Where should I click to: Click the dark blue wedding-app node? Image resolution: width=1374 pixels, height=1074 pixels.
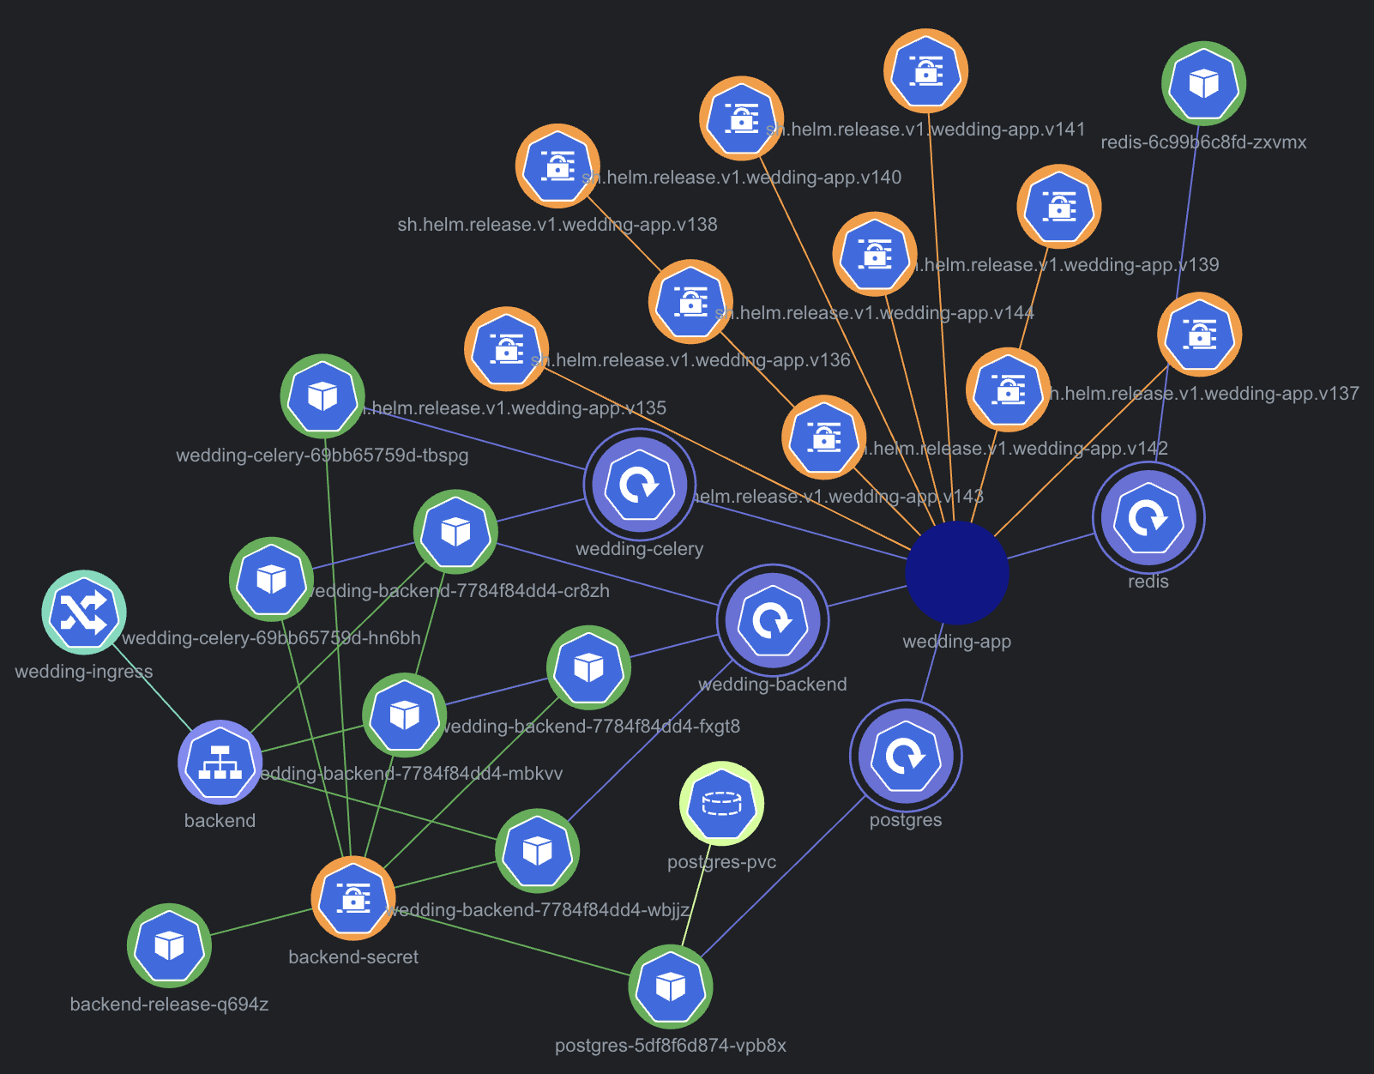click(957, 572)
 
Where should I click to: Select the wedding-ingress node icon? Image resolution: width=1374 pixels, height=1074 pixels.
click(84, 612)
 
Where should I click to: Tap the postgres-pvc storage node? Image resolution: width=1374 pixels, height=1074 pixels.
click(722, 803)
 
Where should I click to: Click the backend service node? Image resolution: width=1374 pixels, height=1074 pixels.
click(220, 762)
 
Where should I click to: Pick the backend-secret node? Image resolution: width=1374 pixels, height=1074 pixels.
click(353, 898)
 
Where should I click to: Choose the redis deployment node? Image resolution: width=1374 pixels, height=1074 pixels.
click(1148, 518)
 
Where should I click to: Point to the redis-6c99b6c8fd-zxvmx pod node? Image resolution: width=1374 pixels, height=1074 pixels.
click(1204, 83)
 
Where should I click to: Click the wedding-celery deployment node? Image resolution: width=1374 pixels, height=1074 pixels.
click(640, 485)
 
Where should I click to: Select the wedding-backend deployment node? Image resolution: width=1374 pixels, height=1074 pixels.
click(773, 620)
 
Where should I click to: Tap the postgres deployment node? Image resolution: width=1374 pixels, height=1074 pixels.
click(906, 756)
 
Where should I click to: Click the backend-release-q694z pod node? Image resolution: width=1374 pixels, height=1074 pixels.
click(169, 945)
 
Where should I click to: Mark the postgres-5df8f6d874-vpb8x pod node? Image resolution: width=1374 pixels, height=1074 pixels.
click(671, 987)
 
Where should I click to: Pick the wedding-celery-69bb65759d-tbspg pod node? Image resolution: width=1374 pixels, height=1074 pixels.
click(322, 396)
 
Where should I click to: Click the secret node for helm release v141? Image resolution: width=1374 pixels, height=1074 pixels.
click(926, 71)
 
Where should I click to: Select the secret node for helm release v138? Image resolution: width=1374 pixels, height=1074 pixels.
click(557, 166)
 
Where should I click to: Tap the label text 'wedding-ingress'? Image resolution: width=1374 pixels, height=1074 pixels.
click(84, 672)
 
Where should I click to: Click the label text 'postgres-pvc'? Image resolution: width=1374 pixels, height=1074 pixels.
click(722, 862)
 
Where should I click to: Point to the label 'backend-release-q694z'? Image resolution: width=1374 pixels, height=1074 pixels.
click(169, 1005)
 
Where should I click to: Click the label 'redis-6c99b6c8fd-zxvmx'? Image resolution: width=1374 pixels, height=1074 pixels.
click(1203, 142)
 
